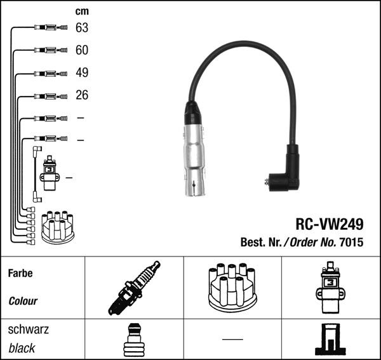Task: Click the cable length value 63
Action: click(x=81, y=28)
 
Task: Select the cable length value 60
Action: click(x=81, y=50)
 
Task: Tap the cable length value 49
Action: click(x=81, y=73)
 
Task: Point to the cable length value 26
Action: click(x=81, y=95)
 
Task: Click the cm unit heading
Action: click(x=81, y=11)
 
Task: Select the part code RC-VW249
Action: click(x=329, y=225)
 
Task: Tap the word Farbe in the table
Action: click(x=20, y=274)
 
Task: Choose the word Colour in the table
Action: click(x=23, y=301)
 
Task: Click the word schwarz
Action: click(x=28, y=330)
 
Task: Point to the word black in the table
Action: click(x=22, y=348)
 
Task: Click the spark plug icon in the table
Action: click(x=134, y=288)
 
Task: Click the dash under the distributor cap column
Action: click(x=232, y=339)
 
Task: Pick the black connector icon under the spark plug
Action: click(x=133, y=339)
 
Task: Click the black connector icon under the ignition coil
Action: click(x=331, y=339)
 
